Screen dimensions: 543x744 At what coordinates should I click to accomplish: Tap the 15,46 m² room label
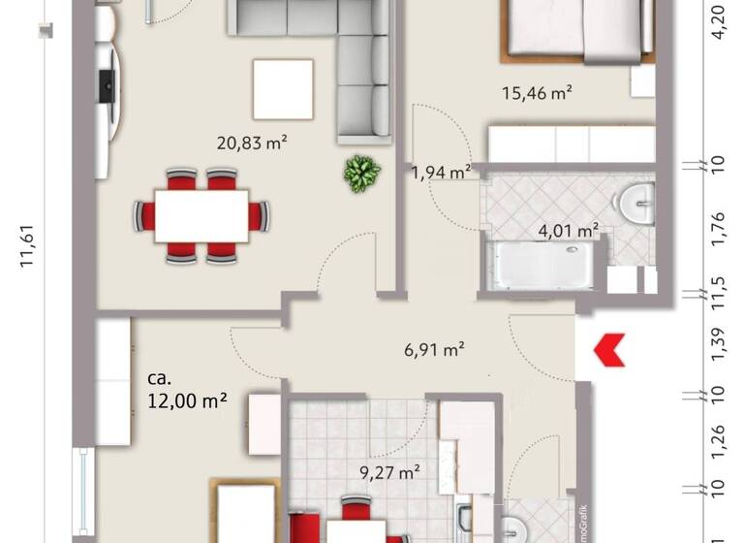[x=537, y=94]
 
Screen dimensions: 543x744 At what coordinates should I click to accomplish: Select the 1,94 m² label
[x=442, y=173]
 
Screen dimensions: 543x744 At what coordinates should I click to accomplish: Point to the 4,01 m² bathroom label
[x=568, y=230]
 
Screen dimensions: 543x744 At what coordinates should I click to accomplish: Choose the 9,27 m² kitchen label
[x=388, y=473]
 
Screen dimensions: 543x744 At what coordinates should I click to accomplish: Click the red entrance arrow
[x=608, y=350]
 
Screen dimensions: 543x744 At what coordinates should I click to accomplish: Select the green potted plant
[x=360, y=175]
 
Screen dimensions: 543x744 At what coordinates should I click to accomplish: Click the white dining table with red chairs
[x=202, y=215]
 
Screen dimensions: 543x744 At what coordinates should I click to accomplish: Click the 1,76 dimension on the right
[x=718, y=232]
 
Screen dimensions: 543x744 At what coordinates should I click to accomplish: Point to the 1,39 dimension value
[x=718, y=345]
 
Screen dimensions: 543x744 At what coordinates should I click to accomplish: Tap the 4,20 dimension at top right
[x=718, y=20]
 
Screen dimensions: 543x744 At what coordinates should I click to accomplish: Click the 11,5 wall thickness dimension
[x=718, y=293]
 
